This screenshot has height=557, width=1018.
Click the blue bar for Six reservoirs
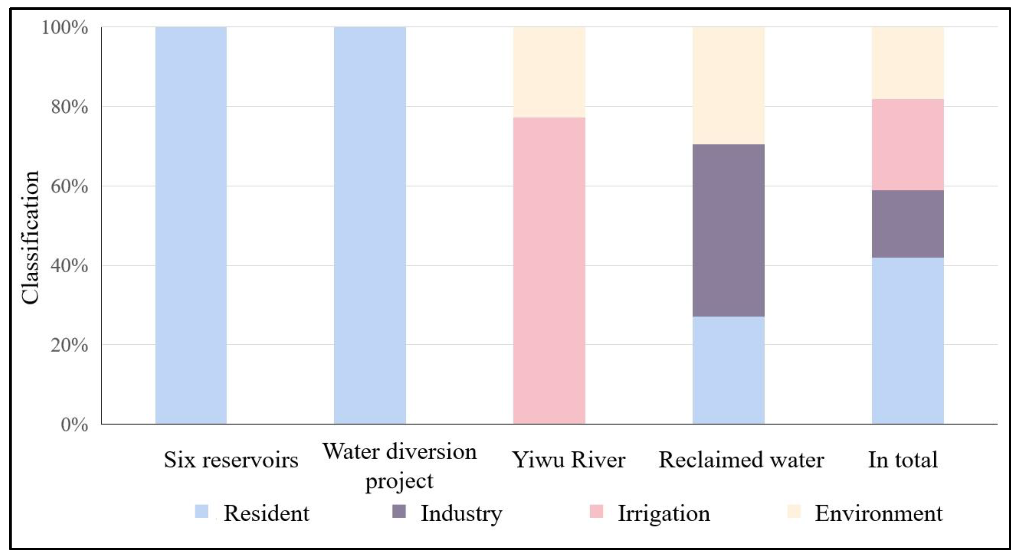(191, 225)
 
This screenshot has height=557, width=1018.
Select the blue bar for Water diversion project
(370, 225)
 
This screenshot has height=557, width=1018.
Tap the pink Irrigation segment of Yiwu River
(549, 270)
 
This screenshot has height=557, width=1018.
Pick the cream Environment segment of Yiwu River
(549, 72)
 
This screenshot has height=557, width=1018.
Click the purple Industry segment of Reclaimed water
(728, 230)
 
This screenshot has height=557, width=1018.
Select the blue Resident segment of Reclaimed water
(728, 370)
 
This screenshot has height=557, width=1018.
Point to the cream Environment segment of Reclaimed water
(728, 86)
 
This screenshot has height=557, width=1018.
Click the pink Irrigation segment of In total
(908, 145)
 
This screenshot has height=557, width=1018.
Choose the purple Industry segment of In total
(908, 224)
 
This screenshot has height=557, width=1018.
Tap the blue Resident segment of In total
(908, 341)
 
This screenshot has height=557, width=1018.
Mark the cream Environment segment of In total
(908, 63)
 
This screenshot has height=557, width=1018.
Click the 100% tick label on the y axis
(65, 28)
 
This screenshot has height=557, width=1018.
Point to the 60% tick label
(69, 186)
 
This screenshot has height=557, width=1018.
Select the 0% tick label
(74, 425)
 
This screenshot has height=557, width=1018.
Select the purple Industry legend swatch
(399, 512)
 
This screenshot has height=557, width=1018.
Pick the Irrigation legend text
(664, 514)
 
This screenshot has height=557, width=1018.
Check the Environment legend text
(879, 514)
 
